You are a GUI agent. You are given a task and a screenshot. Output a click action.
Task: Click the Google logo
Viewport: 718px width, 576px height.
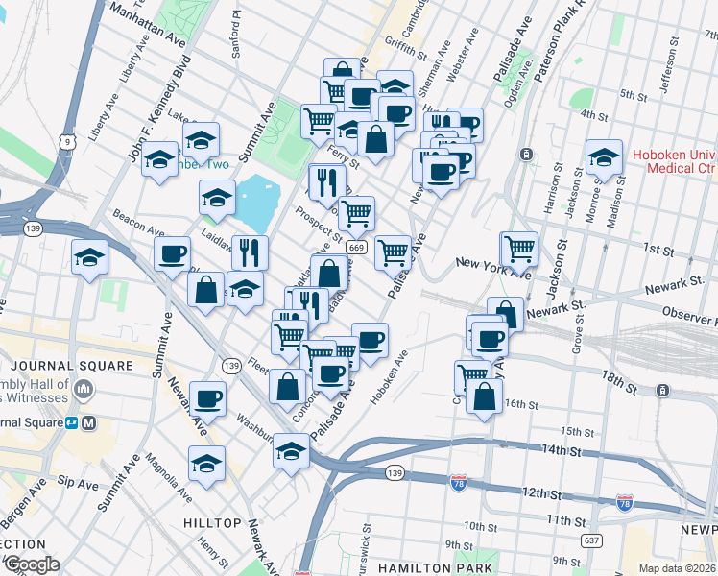31,564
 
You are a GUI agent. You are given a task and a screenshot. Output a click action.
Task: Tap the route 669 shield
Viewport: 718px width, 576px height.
356,247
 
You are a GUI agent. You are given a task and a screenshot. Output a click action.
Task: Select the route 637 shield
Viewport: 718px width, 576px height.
591,540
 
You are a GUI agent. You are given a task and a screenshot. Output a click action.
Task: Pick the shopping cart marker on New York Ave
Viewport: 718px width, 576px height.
519,249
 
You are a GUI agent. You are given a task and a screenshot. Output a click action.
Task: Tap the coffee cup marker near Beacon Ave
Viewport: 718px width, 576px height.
173,254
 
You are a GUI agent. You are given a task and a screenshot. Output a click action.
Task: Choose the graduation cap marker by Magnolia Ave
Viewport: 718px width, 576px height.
206,464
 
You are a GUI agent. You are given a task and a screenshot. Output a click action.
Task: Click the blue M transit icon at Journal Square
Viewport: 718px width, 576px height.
89,422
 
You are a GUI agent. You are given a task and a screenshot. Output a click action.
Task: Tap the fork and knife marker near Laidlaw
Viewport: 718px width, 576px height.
250,252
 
